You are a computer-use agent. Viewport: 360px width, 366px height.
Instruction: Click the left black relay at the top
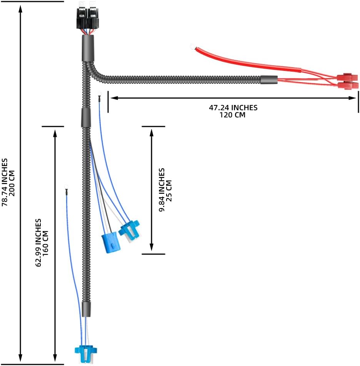(x=82, y=17)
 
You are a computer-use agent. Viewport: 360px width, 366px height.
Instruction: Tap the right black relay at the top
(x=93, y=17)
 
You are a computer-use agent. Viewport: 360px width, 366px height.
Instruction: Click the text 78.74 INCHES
(x=5, y=182)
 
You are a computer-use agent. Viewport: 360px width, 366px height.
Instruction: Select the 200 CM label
(x=12, y=183)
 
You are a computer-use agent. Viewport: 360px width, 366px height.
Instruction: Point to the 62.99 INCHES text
(x=38, y=243)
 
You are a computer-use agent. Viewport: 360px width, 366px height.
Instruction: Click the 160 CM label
(x=45, y=243)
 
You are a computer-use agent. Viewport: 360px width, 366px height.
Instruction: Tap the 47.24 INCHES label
(x=233, y=108)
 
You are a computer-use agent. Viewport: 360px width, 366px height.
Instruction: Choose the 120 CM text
(x=232, y=115)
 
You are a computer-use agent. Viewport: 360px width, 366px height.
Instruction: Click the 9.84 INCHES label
(x=162, y=190)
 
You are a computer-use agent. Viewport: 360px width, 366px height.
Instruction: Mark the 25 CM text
(x=169, y=190)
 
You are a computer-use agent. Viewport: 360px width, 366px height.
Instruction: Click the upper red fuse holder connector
(x=347, y=77)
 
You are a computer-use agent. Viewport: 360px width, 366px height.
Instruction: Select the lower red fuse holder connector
(x=348, y=85)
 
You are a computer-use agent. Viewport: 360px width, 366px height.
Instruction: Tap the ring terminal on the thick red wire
(x=192, y=47)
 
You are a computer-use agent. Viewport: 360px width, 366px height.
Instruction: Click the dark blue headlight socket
(x=111, y=242)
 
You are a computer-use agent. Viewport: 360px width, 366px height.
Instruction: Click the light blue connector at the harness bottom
(x=86, y=353)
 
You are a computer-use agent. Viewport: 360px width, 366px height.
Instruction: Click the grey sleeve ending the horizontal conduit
(x=269, y=80)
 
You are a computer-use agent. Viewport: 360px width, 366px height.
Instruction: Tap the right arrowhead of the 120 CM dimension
(x=353, y=98)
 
